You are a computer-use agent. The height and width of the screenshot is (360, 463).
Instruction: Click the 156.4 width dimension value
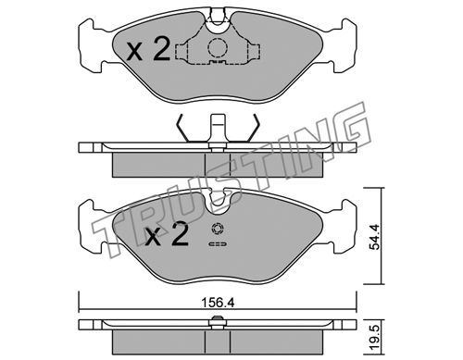[218, 303]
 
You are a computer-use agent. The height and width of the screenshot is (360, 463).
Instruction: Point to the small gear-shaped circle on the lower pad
[217, 230]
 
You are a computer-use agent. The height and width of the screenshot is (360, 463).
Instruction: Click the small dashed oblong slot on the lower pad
[218, 244]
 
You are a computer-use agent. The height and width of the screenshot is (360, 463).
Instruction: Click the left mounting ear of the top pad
[91, 45]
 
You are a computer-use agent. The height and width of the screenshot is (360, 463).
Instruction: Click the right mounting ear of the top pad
[344, 45]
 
